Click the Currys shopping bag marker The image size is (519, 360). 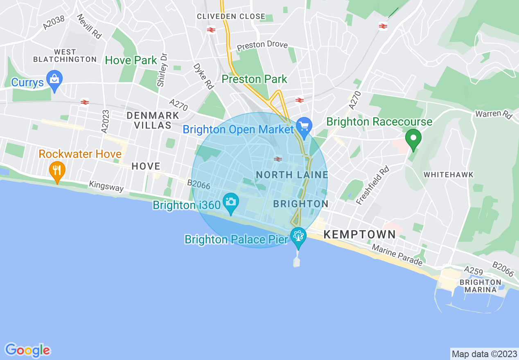[54, 79]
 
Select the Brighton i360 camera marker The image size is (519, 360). [231, 202]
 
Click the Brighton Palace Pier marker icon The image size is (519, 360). [298, 236]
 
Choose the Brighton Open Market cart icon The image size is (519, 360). [304, 126]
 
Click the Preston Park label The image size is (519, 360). [254, 79]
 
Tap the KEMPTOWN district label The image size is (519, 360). [360, 234]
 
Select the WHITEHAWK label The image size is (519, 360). [449, 175]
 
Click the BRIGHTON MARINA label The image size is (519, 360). [480, 286]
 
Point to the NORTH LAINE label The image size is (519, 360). [292, 175]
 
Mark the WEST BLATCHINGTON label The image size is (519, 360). [65, 56]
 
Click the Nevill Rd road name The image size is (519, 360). [89, 27]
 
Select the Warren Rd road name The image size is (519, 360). [494, 114]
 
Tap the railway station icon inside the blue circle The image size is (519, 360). [278, 159]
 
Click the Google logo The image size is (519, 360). [27, 350]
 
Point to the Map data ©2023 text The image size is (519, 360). [484, 353]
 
